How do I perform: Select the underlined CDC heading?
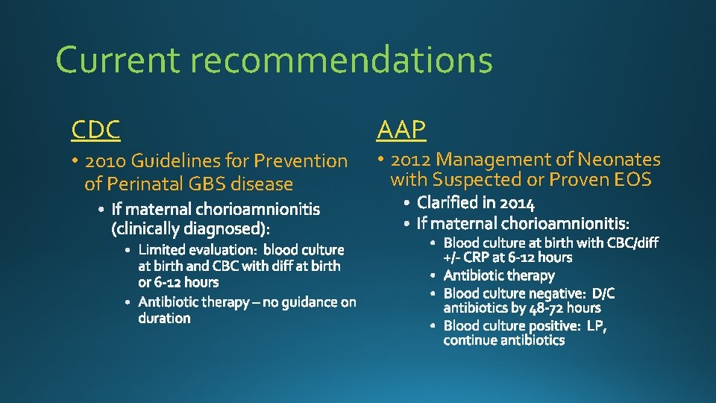point(95,130)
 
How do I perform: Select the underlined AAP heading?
point(401,130)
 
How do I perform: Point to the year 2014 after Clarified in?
point(517,202)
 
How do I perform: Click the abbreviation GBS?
point(207,184)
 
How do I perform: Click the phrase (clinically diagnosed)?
point(191,227)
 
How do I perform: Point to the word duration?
point(164,318)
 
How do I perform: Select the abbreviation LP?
point(597,325)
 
